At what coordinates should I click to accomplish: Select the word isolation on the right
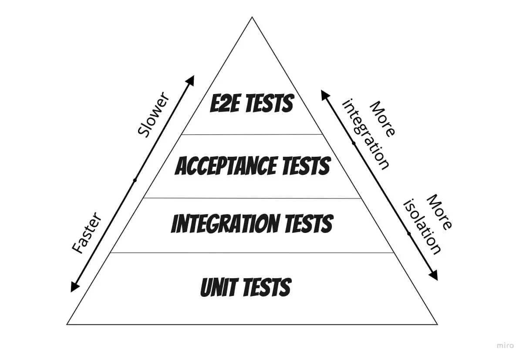[423, 226]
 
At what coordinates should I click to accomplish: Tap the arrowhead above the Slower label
[190, 80]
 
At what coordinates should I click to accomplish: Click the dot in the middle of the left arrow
[135, 180]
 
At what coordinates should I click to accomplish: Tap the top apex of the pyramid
[252, 17]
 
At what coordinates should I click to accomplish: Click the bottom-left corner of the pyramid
[67, 324]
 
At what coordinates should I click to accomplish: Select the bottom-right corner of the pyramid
[437, 324]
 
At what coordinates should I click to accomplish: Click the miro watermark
[505, 345]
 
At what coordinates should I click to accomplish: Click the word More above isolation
[439, 212]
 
